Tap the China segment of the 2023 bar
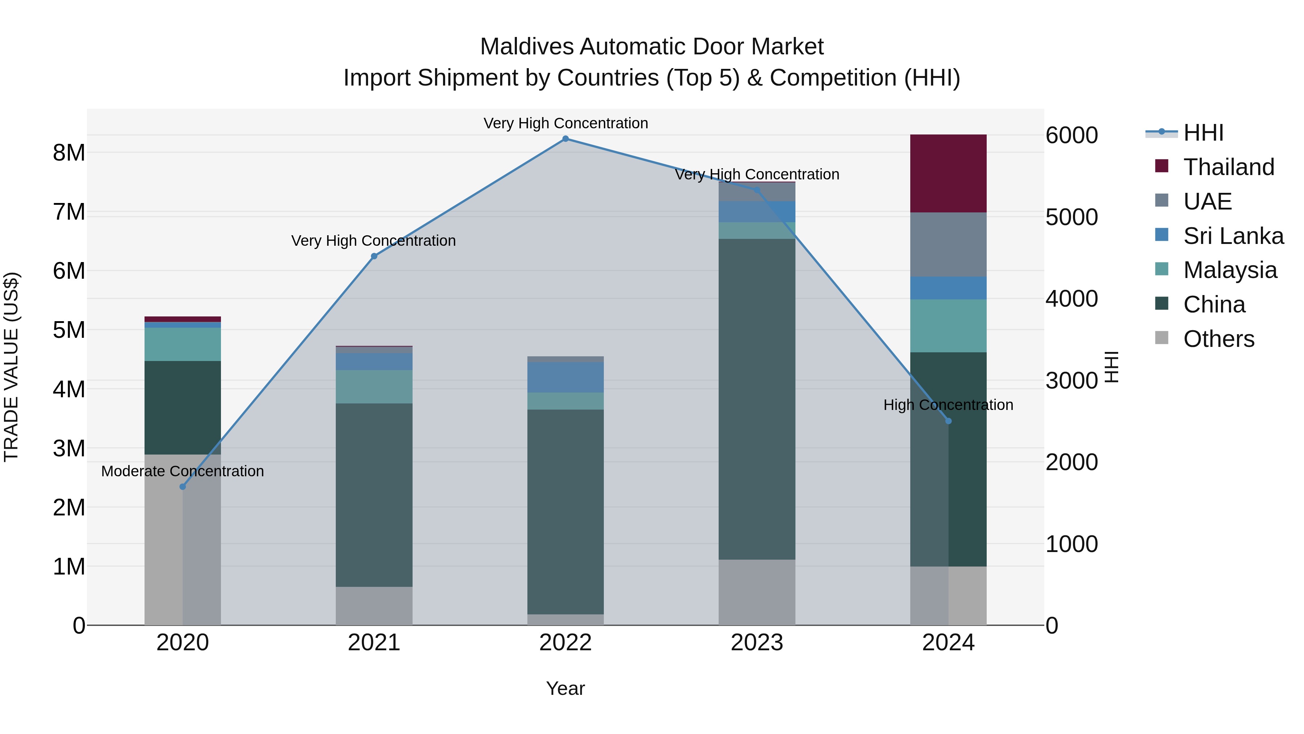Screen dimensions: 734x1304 click(757, 399)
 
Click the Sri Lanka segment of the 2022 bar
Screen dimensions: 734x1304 click(565, 377)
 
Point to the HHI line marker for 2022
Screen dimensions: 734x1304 click(565, 139)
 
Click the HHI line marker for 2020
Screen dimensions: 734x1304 click(183, 487)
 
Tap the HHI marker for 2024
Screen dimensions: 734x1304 click(948, 421)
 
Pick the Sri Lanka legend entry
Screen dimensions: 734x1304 click(1233, 236)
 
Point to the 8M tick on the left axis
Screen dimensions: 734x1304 click(69, 153)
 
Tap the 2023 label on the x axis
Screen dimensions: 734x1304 click(757, 642)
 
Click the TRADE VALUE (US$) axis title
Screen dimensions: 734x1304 click(11, 367)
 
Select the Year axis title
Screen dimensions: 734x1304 click(565, 688)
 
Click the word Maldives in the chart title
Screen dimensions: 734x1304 click(526, 47)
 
